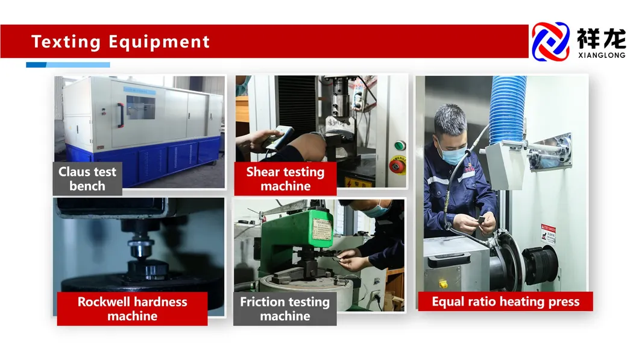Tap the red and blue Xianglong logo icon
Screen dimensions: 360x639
(550, 41)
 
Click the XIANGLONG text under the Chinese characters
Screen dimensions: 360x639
(600, 55)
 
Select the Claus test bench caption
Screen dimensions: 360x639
(87, 179)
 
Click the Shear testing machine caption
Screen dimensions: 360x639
(285, 179)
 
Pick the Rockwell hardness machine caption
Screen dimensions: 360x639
(132, 309)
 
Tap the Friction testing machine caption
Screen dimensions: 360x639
(285, 309)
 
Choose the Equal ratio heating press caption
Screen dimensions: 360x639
(505, 302)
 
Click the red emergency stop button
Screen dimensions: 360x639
(396, 165)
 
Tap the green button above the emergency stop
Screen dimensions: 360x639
(398, 146)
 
